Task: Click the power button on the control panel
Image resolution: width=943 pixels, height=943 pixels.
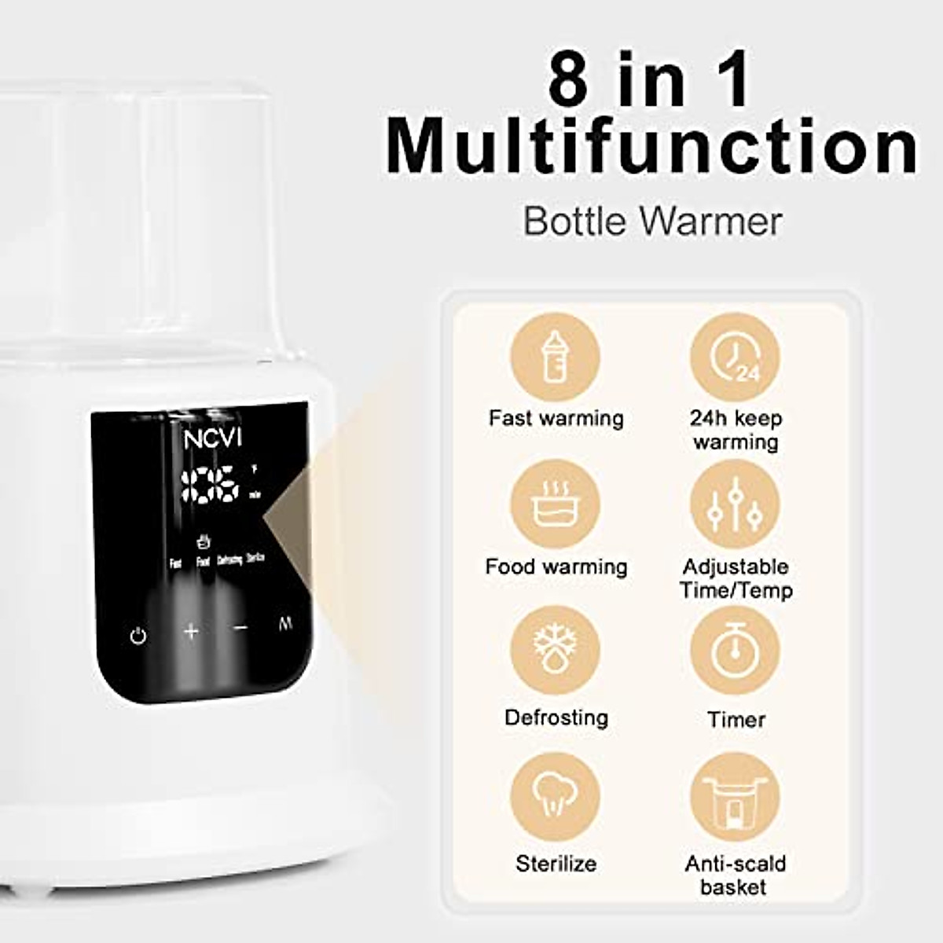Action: click(x=138, y=635)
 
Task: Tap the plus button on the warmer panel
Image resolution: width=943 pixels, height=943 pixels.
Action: click(x=191, y=631)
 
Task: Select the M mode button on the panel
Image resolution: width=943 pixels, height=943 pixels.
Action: click(x=285, y=625)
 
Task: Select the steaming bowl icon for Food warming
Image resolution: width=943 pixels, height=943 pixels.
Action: click(x=555, y=505)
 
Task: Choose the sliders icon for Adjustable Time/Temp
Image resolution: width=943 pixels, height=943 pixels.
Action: click(x=735, y=505)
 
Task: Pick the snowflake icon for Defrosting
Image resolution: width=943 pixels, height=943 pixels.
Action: click(x=555, y=651)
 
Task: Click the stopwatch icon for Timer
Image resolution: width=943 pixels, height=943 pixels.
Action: click(x=735, y=651)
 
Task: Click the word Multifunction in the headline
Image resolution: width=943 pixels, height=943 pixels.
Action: click(x=652, y=146)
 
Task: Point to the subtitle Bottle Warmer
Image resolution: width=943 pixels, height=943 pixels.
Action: click(x=652, y=221)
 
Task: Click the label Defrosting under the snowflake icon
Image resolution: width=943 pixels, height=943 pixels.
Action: click(x=556, y=717)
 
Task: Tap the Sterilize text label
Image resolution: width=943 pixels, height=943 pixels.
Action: click(x=556, y=864)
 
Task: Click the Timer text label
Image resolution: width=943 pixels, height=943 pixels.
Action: click(x=736, y=719)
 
